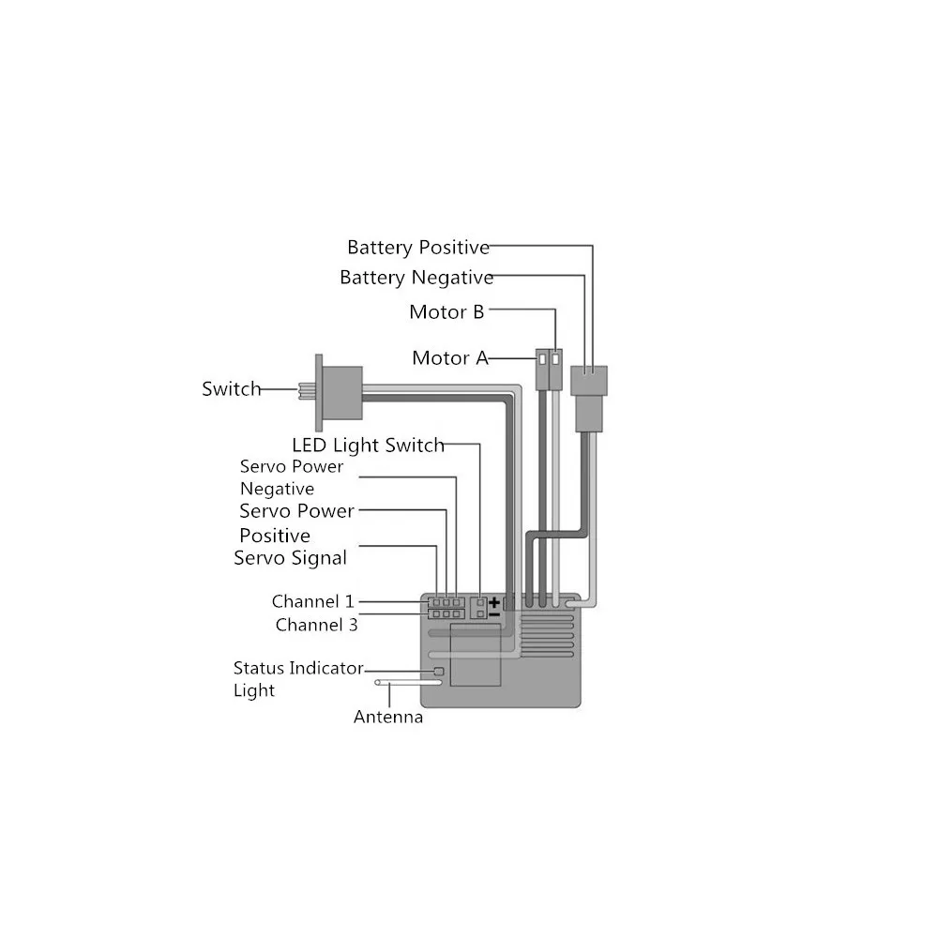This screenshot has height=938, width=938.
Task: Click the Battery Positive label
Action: coord(417,248)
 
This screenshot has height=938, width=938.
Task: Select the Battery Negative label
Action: coord(416,278)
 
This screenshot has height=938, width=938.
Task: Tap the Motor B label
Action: coord(446,312)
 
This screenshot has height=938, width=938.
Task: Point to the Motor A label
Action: coord(449,358)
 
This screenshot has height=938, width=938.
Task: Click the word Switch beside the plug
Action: coord(231,388)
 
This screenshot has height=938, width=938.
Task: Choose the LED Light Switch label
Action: coord(368,445)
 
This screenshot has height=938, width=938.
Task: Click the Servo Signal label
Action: coord(290,558)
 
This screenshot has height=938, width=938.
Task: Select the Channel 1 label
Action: coord(312,601)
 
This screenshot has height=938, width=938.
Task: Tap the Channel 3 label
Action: coord(316,625)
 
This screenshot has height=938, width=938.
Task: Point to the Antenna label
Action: coord(387,718)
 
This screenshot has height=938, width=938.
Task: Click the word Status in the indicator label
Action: coord(259,669)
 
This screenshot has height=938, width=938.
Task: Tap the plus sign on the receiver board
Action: coord(494,601)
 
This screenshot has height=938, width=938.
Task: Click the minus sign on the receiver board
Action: coord(494,614)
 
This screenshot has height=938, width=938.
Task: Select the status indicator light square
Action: coord(439,671)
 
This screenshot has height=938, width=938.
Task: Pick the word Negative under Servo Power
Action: coord(277,489)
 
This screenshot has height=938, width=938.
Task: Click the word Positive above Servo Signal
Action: coord(274,536)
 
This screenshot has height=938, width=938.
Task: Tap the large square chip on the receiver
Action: coord(476,654)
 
